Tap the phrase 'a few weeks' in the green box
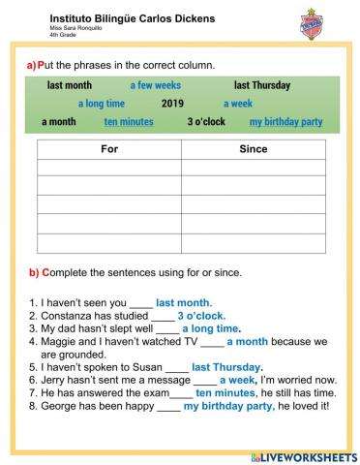[155, 85]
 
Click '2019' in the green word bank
[172, 103]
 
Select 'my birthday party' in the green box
[285, 122]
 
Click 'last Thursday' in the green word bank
[261, 85]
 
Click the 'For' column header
[108, 150]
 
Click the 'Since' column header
[253, 150]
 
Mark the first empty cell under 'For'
[108, 169]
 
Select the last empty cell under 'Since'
[253, 243]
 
